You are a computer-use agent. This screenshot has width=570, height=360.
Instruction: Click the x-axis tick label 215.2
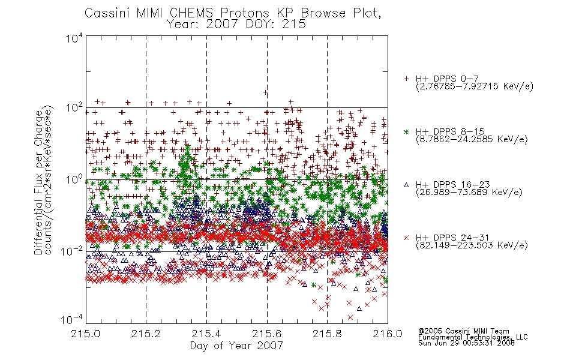click(146, 334)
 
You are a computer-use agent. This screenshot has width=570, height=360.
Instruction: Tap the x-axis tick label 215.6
click(267, 334)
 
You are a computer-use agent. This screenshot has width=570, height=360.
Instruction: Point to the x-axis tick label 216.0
click(388, 334)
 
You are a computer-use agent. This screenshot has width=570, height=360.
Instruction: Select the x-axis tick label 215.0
click(86, 334)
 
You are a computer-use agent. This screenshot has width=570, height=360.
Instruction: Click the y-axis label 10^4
click(74, 38)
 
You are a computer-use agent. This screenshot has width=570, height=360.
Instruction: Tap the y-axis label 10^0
click(74, 179)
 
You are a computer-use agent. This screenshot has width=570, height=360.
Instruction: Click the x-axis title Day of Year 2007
click(236, 346)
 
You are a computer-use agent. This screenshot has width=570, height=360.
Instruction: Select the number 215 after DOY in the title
click(295, 25)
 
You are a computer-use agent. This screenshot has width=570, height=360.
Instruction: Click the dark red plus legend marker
click(406, 79)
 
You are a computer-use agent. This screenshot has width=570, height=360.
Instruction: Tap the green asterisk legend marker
click(406, 131)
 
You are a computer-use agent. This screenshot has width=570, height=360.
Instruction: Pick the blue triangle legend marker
click(406, 185)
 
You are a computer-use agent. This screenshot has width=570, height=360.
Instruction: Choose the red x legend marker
click(406, 238)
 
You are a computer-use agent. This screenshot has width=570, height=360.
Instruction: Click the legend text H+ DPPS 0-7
click(447, 79)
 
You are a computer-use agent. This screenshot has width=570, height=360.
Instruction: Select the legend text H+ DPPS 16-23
click(453, 184)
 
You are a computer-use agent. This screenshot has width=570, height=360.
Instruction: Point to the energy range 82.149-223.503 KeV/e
click(472, 245)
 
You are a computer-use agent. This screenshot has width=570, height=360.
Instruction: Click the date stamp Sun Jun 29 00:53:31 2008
click(466, 343)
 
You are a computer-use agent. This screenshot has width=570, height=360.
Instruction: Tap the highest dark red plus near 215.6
click(265, 93)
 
